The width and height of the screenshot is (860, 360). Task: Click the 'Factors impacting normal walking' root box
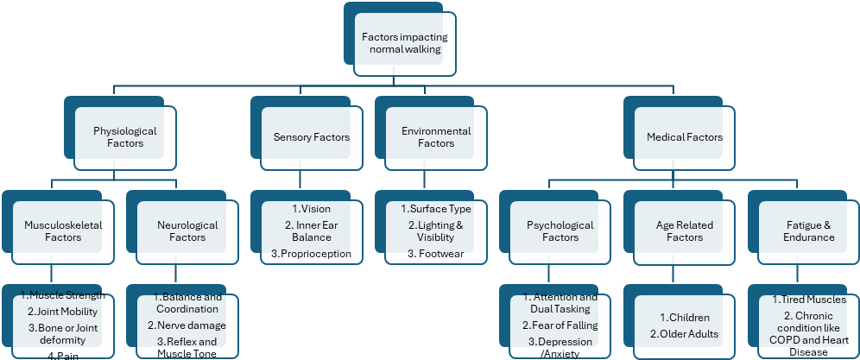click(405, 43)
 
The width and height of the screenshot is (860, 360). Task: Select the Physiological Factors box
click(125, 136)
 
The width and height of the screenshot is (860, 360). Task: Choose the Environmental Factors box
click(436, 136)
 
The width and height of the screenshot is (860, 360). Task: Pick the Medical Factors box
click(685, 136)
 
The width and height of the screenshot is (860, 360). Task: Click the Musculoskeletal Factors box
click(63, 231)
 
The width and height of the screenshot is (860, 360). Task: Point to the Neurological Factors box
click(187, 231)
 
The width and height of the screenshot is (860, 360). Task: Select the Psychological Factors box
click(560, 231)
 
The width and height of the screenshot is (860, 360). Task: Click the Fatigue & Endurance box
click(809, 231)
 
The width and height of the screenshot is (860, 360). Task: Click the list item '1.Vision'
click(311, 209)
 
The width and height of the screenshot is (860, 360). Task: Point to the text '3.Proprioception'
click(311, 254)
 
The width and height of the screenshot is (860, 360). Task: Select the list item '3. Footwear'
click(436, 254)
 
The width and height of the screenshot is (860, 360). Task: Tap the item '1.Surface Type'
click(436, 209)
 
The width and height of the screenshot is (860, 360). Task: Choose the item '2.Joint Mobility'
click(63, 311)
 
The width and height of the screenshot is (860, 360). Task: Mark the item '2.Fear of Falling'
click(560, 325)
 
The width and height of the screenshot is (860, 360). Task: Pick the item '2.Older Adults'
click(685, 334)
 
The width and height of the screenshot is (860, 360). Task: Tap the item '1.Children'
click(685, 317)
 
